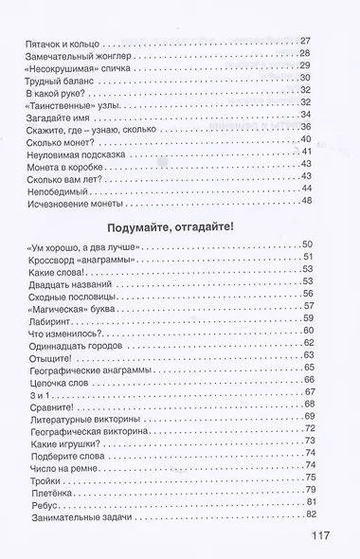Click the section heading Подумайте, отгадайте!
tap(179, 224)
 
